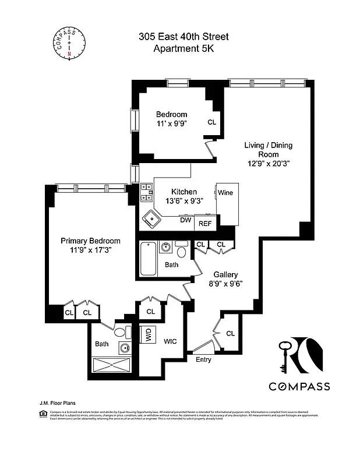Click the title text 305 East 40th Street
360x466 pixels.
(x=183, y=37)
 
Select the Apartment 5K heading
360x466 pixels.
(x=183, y=49)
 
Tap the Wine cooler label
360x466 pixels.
(x=225, y=192)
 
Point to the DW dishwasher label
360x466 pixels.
(x=185, y=220)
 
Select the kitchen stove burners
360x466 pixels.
(x=146, y=193)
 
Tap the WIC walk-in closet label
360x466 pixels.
(x=170, y=341)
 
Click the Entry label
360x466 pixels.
(x=203, y=359)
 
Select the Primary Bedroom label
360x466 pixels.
(x=91, y=241)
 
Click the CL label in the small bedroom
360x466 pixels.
(x=211, y=122)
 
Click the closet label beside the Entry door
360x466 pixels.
(x=230, y=333)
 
